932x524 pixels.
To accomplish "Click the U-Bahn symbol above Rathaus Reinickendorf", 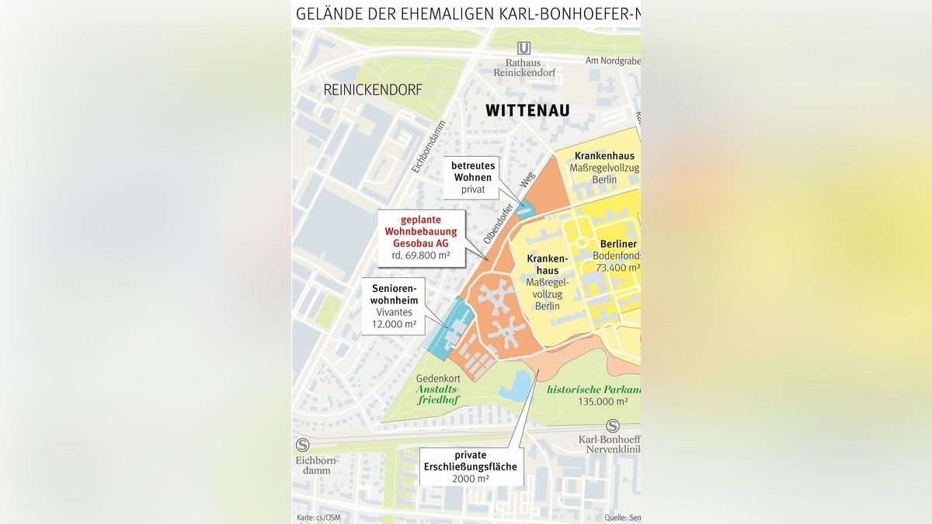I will coord(523,48).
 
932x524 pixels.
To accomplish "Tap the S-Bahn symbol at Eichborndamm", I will coord(302,445).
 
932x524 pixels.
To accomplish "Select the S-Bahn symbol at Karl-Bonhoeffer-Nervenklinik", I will coord(613,425).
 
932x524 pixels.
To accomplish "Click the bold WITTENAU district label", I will coord(527,110).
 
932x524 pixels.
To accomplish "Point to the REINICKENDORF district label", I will coord(373,90).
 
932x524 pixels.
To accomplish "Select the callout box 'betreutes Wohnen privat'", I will coord(472,177).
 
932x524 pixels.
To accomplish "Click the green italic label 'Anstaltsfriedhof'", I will coord(438,394).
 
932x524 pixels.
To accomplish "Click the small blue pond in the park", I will coord(516,387).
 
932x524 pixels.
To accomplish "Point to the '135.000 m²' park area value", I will coord(603,402).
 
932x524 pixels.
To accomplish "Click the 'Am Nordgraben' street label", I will coord(612,61).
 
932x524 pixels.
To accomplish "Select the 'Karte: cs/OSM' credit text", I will coord(319,517).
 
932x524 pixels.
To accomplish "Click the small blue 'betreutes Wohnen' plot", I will coord(527,209).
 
